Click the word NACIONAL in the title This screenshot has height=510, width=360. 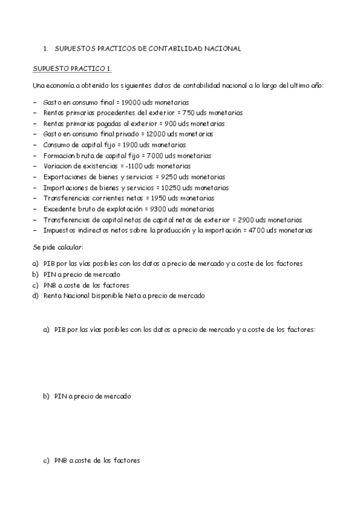220,48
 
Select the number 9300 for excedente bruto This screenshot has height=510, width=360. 154,209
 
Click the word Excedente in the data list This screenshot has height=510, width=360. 59,209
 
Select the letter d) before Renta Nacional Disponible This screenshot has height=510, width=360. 35,295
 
